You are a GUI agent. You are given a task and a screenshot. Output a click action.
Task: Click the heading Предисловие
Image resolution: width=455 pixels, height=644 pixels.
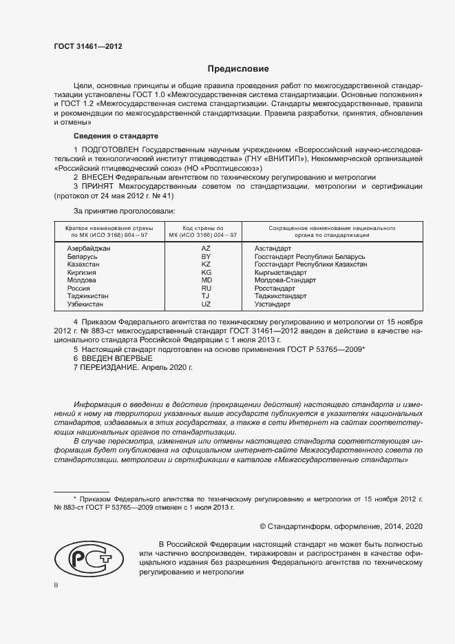[x=239, y=69]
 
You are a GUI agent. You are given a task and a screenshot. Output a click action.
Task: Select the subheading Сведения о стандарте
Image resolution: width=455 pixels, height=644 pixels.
[x=116, y=135]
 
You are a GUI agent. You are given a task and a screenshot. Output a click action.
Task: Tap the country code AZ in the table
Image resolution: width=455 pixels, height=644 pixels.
[x=206, y=247]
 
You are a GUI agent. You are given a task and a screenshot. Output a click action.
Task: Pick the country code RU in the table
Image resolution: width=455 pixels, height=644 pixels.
[x=206, y=289]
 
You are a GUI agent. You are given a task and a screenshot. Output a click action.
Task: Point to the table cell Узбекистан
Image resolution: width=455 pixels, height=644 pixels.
[x=85, y=304]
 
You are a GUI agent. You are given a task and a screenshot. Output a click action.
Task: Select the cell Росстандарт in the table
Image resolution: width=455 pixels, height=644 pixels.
[x=275, y=289]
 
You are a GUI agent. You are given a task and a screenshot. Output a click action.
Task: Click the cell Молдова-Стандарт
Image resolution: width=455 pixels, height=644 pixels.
[x=285, y=280]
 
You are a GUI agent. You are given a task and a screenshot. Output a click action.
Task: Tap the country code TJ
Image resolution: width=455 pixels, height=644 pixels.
[x=206, y=296]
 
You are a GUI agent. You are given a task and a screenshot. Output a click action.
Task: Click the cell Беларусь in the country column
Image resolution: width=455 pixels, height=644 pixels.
[x=83, y=256]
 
